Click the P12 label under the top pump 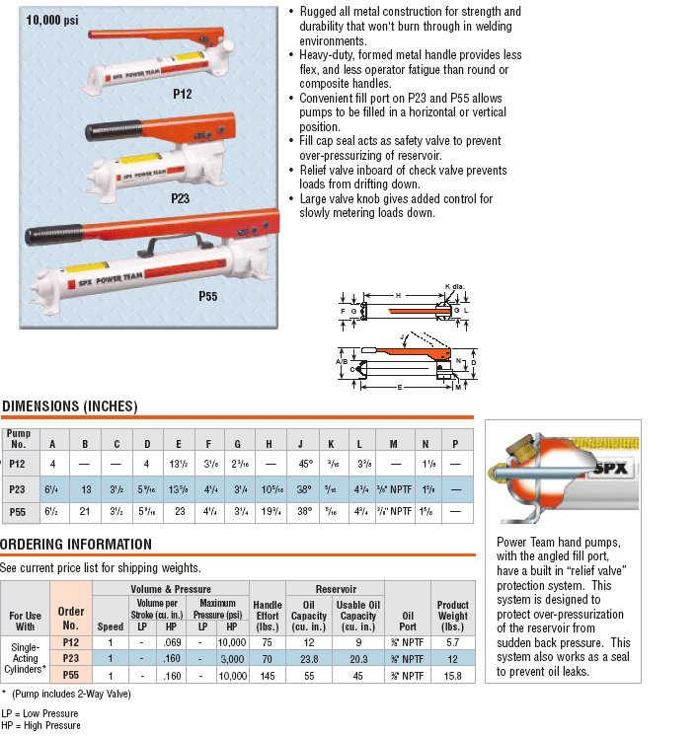pyautogui.click(x=182, y=94)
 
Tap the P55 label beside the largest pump pyautogui.click(x=207, y=295)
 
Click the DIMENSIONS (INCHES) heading pyautogui.click(x=69, y=406)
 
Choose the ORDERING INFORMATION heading pyautogui.click(x=76, y=545)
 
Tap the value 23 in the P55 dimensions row pyautogui.click(x=179, y=513)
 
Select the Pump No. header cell pyautogui.click(x=19, y=437)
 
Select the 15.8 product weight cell pyautogui.click(x=452, y=675)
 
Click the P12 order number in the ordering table pyautogui.click(x=71, y=641)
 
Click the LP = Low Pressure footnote pyautogui.click(x=40, y=712)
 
